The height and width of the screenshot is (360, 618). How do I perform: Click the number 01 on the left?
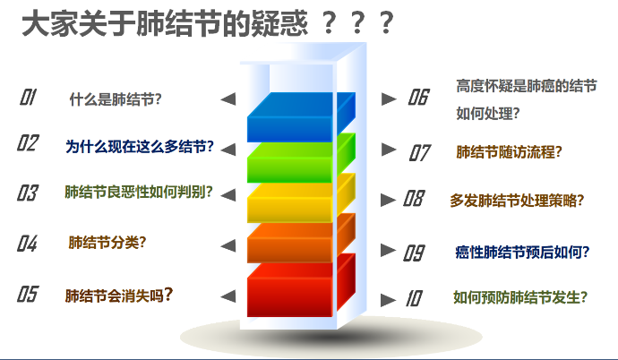tap(28, 97)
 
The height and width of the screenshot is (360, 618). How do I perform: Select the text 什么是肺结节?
tap(116, 99)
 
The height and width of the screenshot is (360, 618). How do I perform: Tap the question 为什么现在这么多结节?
tap(140, 147)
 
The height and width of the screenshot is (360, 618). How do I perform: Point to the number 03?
tap(28, 193)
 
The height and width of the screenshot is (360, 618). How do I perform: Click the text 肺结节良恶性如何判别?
tap(139, 193)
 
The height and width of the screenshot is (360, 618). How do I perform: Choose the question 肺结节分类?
tap(107, 242)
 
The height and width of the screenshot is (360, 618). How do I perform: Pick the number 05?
tap(28, 295)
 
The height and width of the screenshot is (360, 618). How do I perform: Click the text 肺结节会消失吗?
tap(119, 296)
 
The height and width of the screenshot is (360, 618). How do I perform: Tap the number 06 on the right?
tap(418, 97)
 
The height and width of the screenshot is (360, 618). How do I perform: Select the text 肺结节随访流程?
tap(509, 152)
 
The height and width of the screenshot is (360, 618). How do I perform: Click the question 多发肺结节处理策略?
tap(517, 201)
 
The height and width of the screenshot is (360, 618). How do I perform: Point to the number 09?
tap(414, 253)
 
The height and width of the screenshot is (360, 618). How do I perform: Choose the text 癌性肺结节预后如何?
tap(522, 252)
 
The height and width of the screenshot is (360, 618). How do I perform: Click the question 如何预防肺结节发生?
tap(520, 297)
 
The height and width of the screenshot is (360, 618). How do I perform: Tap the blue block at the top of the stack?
tap(301, 117)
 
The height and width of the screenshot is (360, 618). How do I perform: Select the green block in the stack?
tap(301, 159)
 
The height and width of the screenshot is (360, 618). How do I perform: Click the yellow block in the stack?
tap(301, 198)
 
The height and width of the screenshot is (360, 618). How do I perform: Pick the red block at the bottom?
tap(301, 286)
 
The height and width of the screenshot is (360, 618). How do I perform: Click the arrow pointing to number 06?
tap(389, 99)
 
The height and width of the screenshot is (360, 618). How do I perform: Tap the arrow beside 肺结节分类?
tap(228, 245)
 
